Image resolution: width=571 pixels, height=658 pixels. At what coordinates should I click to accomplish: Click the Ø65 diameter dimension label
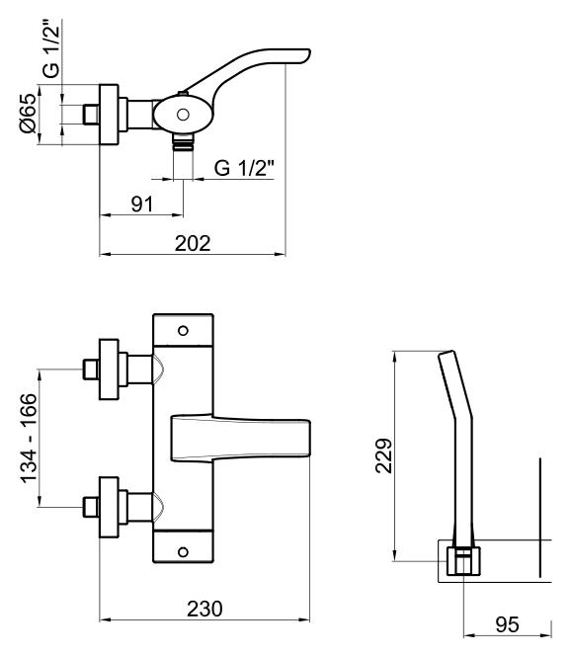coord(28,114)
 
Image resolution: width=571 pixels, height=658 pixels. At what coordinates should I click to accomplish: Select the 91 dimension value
coord(142,205)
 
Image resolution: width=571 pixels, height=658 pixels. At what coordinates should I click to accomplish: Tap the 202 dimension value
coord(193,243)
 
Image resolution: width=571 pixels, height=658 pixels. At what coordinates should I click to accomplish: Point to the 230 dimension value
coord(204,609)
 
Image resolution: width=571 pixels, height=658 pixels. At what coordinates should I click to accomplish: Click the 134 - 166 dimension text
coord(29,438)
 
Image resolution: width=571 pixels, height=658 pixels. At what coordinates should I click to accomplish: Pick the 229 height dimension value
coord(383,455)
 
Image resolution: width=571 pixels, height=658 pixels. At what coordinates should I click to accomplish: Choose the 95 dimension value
coord(507,624)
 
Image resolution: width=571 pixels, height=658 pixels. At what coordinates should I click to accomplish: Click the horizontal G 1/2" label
coord(244,168)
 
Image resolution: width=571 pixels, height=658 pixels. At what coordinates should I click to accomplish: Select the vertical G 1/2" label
coord(52,49)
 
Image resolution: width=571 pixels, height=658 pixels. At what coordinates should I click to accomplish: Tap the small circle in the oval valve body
coord(183,115)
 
